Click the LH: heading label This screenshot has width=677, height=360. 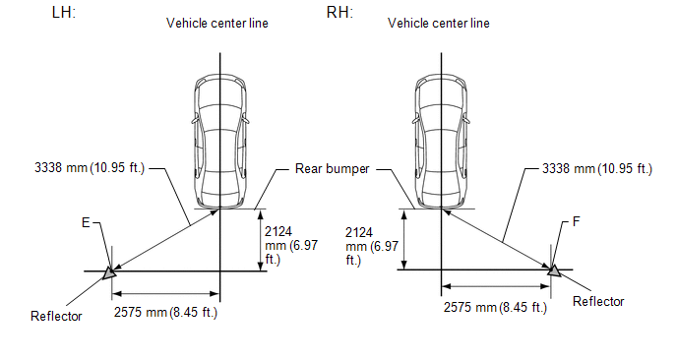point(63,12)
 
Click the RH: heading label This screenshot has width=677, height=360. point(339,12)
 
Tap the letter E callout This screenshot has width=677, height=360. point(86,222)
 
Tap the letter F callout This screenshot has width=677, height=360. point(576,222)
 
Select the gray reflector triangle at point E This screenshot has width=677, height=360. point(109,272)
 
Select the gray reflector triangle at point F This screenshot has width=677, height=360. point(554,270)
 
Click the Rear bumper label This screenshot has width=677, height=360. point(332,169)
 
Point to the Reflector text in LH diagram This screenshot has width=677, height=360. point(56,316)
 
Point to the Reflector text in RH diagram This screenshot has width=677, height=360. point(598,301)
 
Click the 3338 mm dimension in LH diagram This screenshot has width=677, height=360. point(90,167)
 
